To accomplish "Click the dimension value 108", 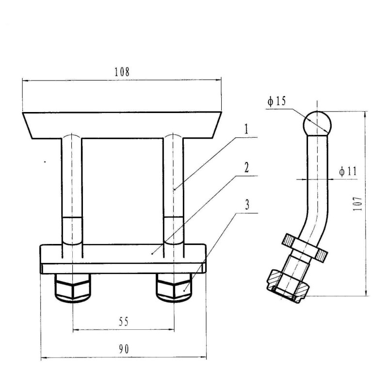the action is (x=122, y=72).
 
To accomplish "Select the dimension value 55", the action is (x=124, y=322).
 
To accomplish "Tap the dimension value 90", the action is (x=124, y=349).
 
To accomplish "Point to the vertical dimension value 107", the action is (x=357, y=204).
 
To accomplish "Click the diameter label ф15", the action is (x=276, y=101).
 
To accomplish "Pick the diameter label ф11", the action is (x=348, y=171).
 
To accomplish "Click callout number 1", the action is (x=246, y=129).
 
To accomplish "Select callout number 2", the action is (x=246, y=168).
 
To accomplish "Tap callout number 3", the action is (x=247, y=205).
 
